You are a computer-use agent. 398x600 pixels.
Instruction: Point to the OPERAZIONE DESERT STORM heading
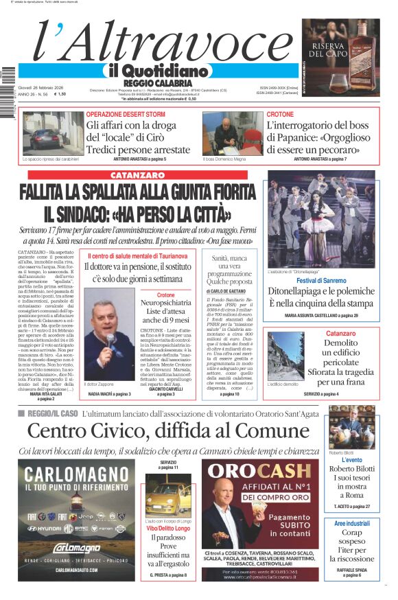(126, 114)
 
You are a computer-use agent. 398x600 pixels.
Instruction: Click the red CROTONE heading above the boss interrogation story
(280, 114)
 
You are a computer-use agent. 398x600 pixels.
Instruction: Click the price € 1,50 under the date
(59, 94)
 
